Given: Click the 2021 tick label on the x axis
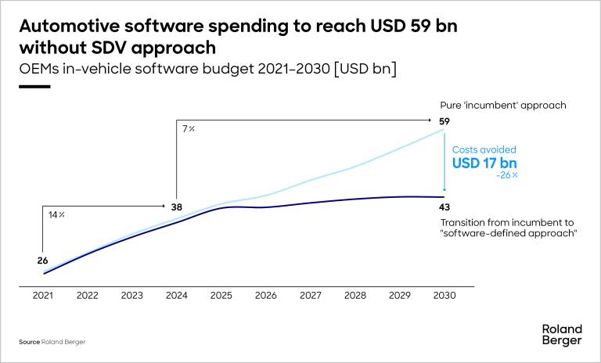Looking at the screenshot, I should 43,297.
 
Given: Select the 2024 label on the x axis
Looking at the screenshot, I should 177,297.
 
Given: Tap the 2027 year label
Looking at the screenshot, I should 311,297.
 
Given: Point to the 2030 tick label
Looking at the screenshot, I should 444,297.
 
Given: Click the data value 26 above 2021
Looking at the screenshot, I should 43,261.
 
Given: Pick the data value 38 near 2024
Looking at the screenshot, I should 177,207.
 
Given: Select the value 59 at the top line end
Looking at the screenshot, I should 444,121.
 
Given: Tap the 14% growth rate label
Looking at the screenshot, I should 56,214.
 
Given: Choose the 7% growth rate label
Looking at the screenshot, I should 189,128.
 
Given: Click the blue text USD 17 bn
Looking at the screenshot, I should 485,164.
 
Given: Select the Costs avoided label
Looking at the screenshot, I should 484,149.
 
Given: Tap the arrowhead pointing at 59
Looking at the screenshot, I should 431,120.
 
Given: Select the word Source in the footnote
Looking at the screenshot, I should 29,343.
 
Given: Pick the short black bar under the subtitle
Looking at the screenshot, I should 34,87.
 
